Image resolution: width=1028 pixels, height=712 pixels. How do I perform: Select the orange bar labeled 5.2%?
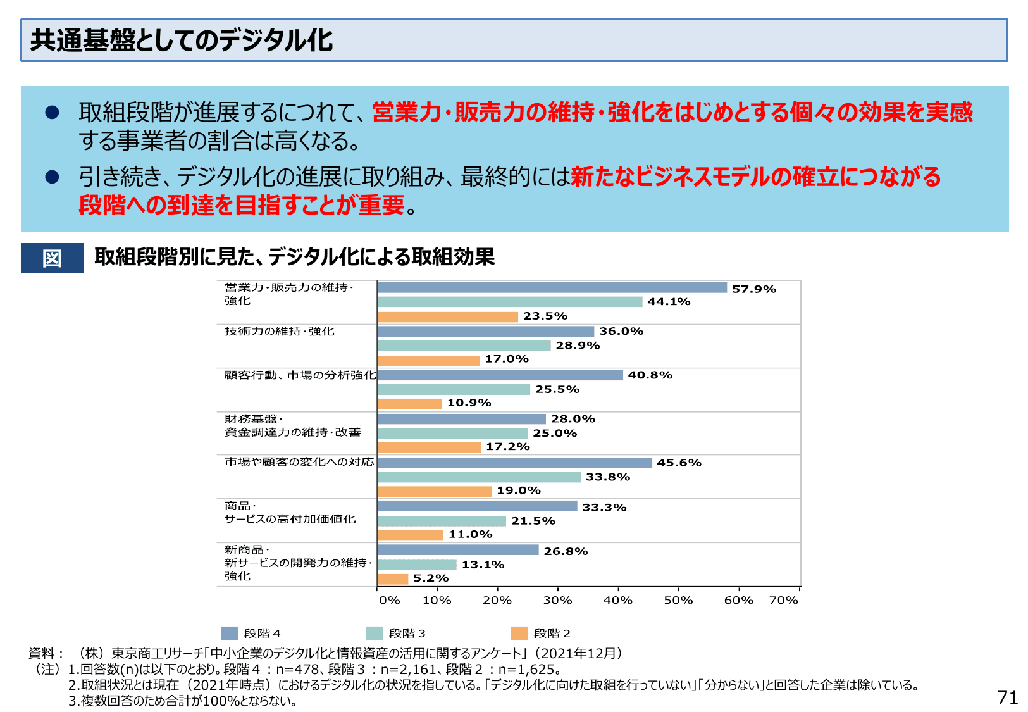click(393, 578)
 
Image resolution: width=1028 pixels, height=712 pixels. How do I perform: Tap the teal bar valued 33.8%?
click(479, 477)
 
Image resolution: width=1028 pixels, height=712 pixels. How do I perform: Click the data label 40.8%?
click(650, 375)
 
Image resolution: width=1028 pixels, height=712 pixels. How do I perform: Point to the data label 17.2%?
click(507, 447)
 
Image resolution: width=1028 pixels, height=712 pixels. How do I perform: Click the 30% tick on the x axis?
click(557, 600)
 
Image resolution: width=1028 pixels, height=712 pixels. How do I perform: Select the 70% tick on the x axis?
click(783, 600)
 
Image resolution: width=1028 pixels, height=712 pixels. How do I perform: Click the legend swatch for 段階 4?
click(229, 633)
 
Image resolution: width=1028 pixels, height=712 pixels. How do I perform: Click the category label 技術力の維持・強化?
click(280, 332)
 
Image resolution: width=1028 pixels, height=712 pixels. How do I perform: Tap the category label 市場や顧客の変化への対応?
click(299, 462)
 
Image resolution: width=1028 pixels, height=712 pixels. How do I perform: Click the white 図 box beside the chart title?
click(52, 258)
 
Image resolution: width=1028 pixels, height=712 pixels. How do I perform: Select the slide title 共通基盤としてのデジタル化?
click(182, 41)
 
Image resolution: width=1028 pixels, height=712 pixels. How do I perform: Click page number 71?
click(1007, 697)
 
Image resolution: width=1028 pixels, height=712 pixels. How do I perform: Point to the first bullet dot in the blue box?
click(52, 113)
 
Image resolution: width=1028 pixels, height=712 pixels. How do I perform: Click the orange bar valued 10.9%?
click(409, 403)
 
